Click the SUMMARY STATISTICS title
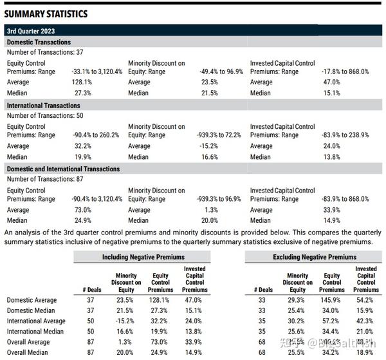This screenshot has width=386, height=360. pyautogui.click(x=46, y=14)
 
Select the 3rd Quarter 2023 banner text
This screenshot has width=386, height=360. pyautogui.click(x=30, y=30)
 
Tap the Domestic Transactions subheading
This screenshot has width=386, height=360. pyautogui.click(x=39, y=42)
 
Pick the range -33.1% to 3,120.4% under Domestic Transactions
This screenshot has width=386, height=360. pyautogui.click(x=96, y=72)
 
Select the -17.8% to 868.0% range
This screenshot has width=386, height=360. pyautogui.click(x=345, y=72)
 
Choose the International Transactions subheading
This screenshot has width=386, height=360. pyautogui.click(x=44, y=105)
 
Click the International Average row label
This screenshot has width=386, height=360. pyautogui.click(x=36, y=321)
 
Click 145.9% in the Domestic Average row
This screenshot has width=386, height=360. pyautogui.click(x=332, y=299)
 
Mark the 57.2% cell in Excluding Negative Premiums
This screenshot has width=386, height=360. pyautogui.click(x=332, y=321)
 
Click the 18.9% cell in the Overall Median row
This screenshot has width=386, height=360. pyautogui.click(x=366, y=353)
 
